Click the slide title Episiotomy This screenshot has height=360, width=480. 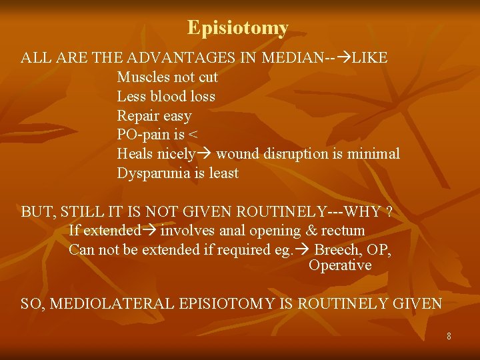coord(237,28)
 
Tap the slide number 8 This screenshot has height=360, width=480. coord(449,337)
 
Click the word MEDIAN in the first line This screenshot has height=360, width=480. coord(291,58)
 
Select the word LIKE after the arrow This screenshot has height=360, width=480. coord(369,58)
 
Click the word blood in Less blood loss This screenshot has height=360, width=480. coord(168,97)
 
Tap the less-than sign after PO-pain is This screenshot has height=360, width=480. coord(193,135)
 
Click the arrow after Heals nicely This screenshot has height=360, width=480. coord(205,155)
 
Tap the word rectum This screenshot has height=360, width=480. coord(343,231)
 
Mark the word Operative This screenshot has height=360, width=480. coord(340,265)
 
